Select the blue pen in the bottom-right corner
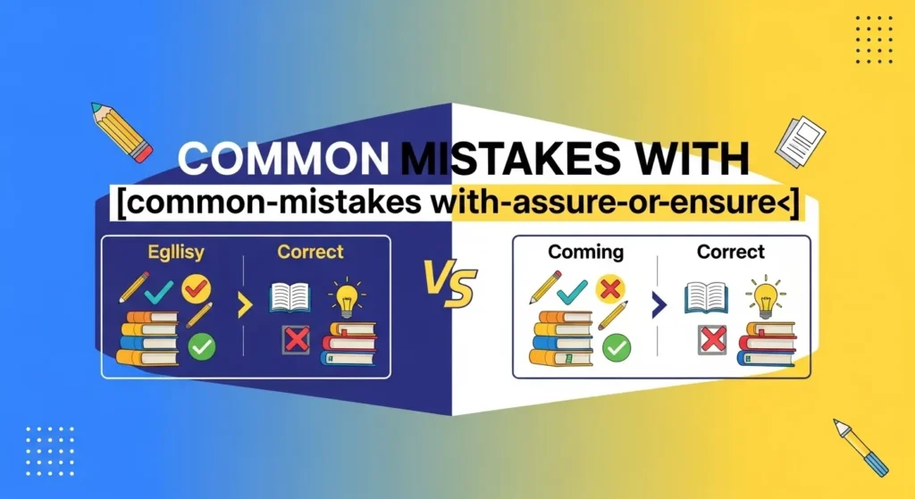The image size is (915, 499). [860, 446]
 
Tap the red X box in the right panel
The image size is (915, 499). [711, 340]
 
